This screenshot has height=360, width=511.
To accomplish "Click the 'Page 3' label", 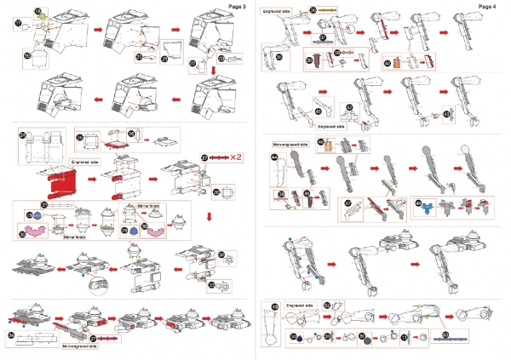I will tap(238, 6).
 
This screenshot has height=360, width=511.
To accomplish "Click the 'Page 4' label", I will tap(488, 6).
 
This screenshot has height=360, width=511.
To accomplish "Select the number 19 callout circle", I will tap(27, 57).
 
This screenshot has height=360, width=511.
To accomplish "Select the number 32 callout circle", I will tap(221, 254).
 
